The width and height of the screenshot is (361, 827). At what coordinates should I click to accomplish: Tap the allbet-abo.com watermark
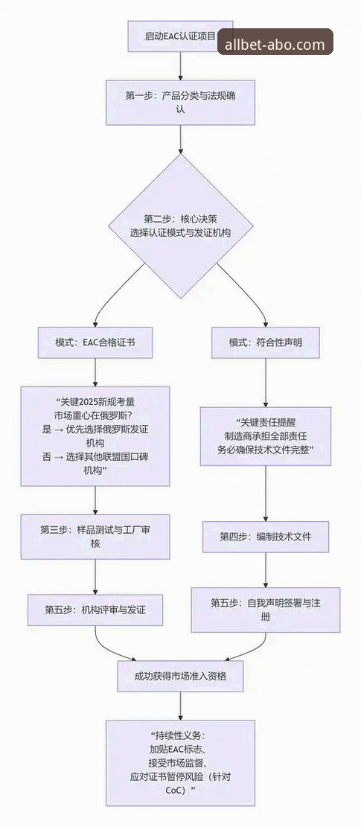(275, 45)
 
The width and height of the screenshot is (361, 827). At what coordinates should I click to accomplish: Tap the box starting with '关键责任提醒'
(266, 436)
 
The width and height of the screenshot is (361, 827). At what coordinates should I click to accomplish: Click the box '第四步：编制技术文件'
(266, 537)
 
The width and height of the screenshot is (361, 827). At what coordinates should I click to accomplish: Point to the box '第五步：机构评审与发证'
(95, 609)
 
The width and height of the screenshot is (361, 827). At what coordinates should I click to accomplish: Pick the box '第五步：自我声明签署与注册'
(266, 609)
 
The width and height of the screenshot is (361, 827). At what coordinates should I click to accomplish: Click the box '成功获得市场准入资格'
(180, 676)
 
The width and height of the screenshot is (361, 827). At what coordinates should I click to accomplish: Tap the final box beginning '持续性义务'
(180, 762)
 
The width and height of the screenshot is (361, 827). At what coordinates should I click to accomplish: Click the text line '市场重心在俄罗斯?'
(95, 415)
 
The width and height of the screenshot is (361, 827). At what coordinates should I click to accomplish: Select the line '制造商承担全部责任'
(266, 436)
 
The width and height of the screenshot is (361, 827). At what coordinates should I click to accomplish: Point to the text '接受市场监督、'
(180, 762)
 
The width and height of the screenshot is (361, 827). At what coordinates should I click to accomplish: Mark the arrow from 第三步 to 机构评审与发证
(95, 578)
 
